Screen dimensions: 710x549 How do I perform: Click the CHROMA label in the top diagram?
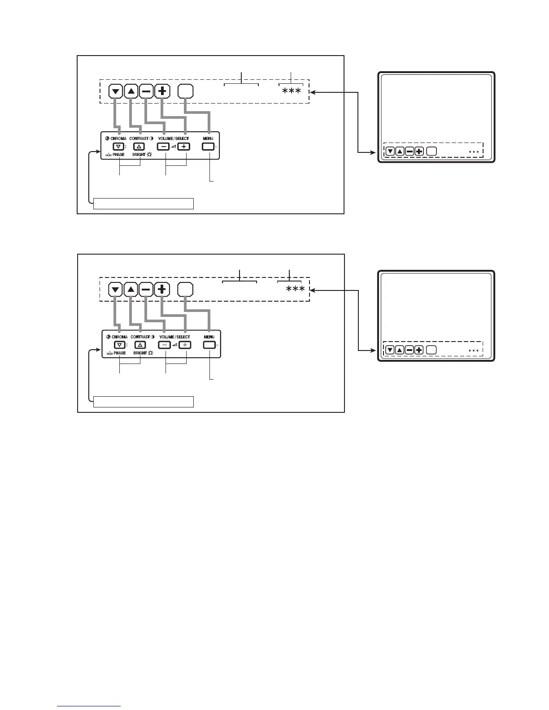[x=119, y=139]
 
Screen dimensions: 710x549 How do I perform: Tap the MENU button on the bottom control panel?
[x=209, y=345]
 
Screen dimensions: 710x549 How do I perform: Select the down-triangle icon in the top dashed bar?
[x=116, y=91]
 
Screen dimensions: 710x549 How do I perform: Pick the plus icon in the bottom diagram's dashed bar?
[x=162, y=290]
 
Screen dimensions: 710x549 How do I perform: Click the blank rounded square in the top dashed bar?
[x=185, y=91]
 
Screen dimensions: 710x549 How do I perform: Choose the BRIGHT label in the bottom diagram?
[x=139, y=353]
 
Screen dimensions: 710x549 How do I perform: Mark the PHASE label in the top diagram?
[x=119, y=155]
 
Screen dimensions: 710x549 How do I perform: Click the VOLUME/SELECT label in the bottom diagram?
[x=174, y=337]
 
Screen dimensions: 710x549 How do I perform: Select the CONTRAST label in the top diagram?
[x=139, y=139]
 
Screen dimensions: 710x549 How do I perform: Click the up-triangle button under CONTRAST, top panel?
[x=139, y=147]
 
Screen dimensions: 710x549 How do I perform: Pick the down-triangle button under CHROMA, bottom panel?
[x=118, y=345]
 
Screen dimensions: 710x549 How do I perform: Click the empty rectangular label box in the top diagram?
[x=144, y=204]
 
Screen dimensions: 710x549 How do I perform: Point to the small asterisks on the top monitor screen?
[x=474, y=152]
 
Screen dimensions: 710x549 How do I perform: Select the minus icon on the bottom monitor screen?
[x=409, y=350]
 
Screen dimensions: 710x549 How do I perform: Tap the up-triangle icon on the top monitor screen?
[x=400, y=152]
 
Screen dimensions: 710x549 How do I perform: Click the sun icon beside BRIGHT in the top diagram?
[x=149, y=155]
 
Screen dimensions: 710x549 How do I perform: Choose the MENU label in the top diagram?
[x=209, y=139]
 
